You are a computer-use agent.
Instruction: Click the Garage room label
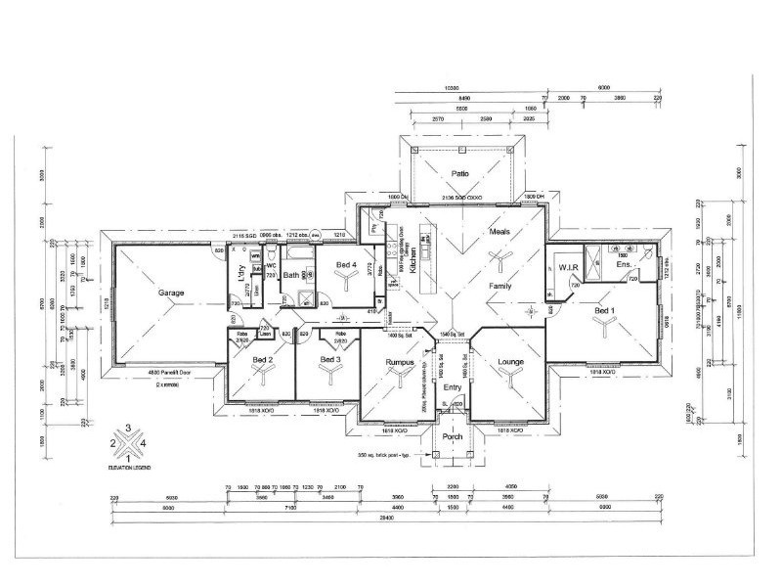pyautogui.click(x=173, y=293)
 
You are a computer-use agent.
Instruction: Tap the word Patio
pyautogui.click(x=460, y=174)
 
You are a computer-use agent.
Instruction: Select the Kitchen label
pyautogui.click(x=414, y=259)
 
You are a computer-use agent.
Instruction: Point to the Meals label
pyautogui.click(x=500, y=231)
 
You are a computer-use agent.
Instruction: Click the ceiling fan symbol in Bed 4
pyautogui.click(x=346, y=282)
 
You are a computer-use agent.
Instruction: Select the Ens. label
pyautogui.click(x=624, y=264)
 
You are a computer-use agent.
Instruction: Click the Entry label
pyautogui.click(x=453, y=387)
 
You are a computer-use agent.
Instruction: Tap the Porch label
pyautogui.click(x=453, y=436)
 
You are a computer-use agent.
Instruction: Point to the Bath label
pyautogui.click(x=291, y=275)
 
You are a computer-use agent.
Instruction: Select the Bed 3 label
pyautogui.click(x=331, y=359)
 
